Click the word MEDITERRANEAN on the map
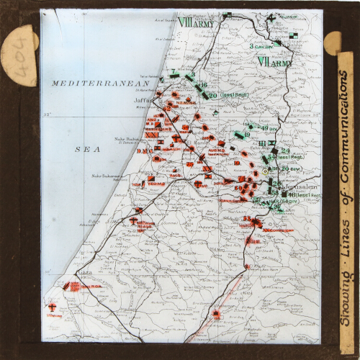(x=94, y=84)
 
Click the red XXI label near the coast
(x=151, y=135)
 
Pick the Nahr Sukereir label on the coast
(x=104, y=176)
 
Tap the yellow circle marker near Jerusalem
(x=264, y=171)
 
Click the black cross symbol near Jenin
(x=271, y=17)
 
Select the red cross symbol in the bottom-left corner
(x=53, y=306)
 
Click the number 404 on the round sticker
(x=17, y=56)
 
